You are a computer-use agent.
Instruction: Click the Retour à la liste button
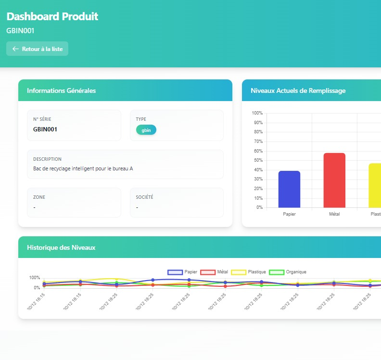coord(37,49)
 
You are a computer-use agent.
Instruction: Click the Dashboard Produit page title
coord(52,16)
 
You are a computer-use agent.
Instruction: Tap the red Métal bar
coord(334,180)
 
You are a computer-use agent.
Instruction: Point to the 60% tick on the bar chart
coord(257,151)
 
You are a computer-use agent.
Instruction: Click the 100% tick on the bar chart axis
coord(257,113)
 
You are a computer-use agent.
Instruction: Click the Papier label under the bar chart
coord(289,214)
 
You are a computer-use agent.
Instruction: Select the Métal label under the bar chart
coord(334,214)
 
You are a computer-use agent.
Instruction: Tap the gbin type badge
coord(146,130)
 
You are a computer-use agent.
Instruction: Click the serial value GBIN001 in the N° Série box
coord(45,129)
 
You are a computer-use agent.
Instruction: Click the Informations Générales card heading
coord(61,90)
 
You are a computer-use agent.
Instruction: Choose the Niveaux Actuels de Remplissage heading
coord(298,90)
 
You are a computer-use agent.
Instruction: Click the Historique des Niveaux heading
coord(61,247)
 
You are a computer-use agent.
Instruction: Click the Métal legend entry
coord(214,272)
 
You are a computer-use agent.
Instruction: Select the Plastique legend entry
coord(249,272)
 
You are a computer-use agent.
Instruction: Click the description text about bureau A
coord(83,168)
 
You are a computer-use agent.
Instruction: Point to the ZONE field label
coord(39,197)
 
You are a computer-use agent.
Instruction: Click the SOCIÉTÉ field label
coord(145,197)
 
